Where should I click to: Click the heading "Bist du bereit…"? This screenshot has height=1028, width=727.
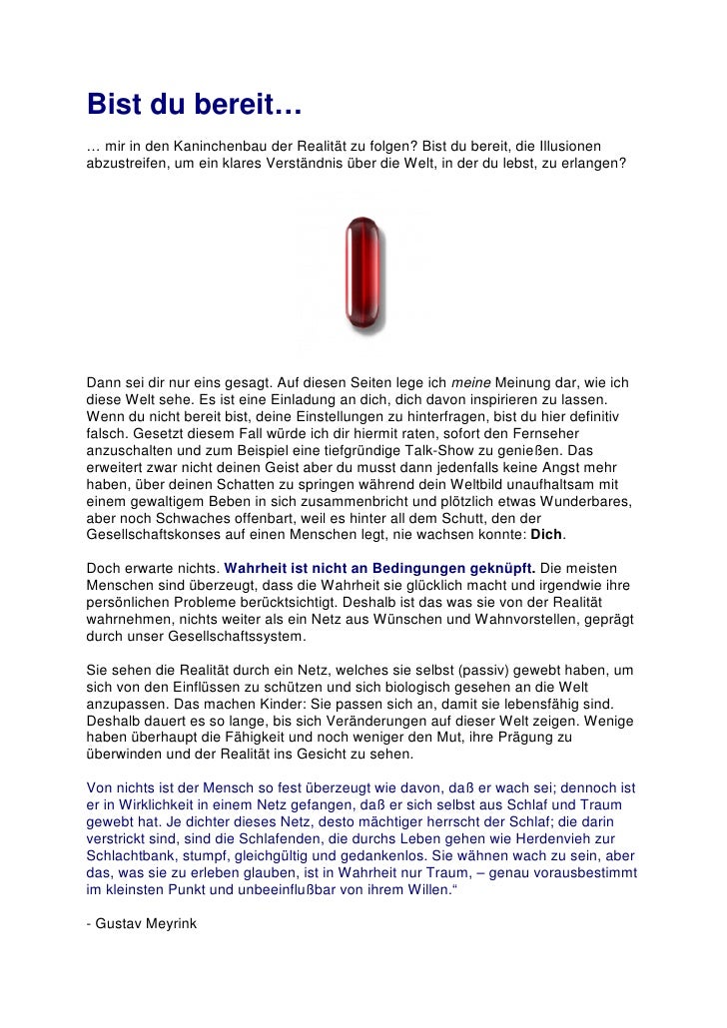coord(195,104)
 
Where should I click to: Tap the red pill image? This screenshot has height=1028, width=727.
coord(362,273)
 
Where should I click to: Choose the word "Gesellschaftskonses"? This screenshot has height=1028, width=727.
coord(156,534)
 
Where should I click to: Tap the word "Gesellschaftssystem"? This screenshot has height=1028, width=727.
coord(227,637)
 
